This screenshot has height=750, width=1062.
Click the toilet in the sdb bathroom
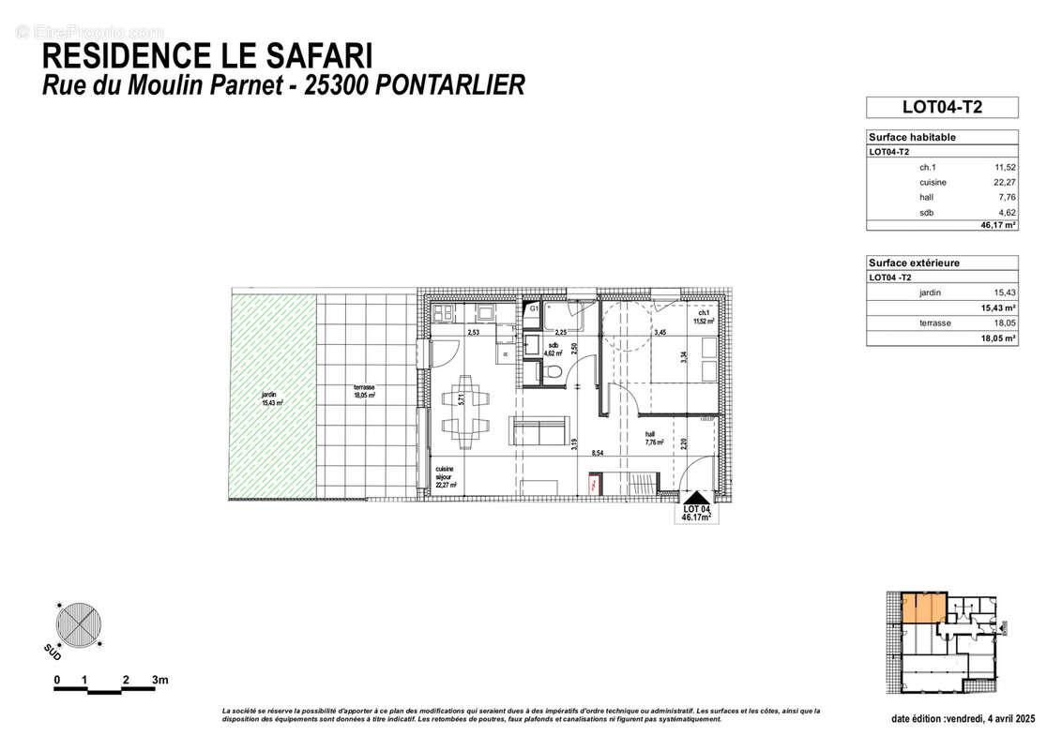tap(553, 373)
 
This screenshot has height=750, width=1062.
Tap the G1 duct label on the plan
tap(533, 307)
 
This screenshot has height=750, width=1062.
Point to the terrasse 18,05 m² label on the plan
tap(364, 392)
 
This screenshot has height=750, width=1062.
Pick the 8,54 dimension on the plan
tap(596, 453)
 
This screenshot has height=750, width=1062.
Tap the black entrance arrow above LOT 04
tap(695, 498)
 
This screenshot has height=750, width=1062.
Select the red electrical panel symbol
tap(594, 485)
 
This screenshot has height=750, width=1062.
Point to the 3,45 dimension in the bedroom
tap(660, 332)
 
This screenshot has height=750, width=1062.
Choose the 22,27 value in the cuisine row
tap(1005, 182)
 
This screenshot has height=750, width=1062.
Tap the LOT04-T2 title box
tap(941, 107)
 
